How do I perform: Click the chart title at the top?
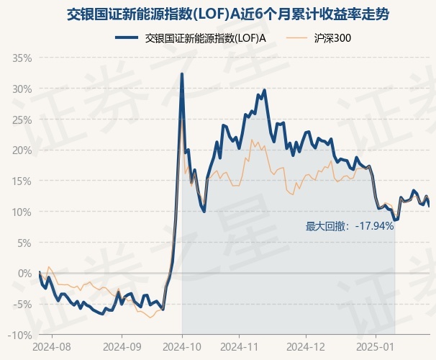[x=217, y=13]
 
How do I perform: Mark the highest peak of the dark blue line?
[x=182, y=73]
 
